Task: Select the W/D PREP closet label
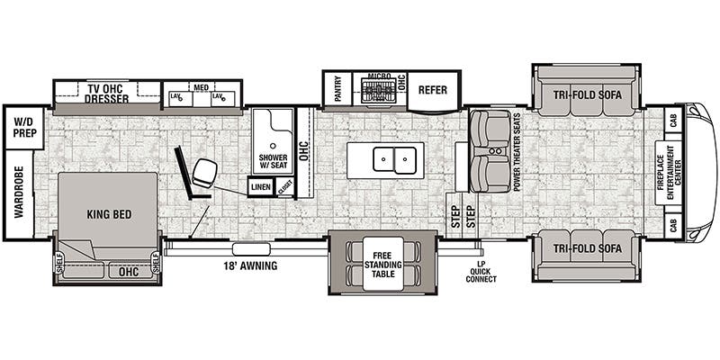pyautogui.click(x=19, y=127)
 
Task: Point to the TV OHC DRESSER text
pyautogui.click(x=107, y=93)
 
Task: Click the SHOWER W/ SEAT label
pyautogui.click(x=273, y=161)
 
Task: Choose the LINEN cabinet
pyautogui.click(x=261, y=187)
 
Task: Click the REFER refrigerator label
pyautogui.click(x=433, y=90)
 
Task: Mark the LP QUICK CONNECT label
pyautogui.click(x=481, y=272)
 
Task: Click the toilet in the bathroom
pyautogui.click(x=206, y=169)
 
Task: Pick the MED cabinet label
pyautogui.click(x=202, y=87)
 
